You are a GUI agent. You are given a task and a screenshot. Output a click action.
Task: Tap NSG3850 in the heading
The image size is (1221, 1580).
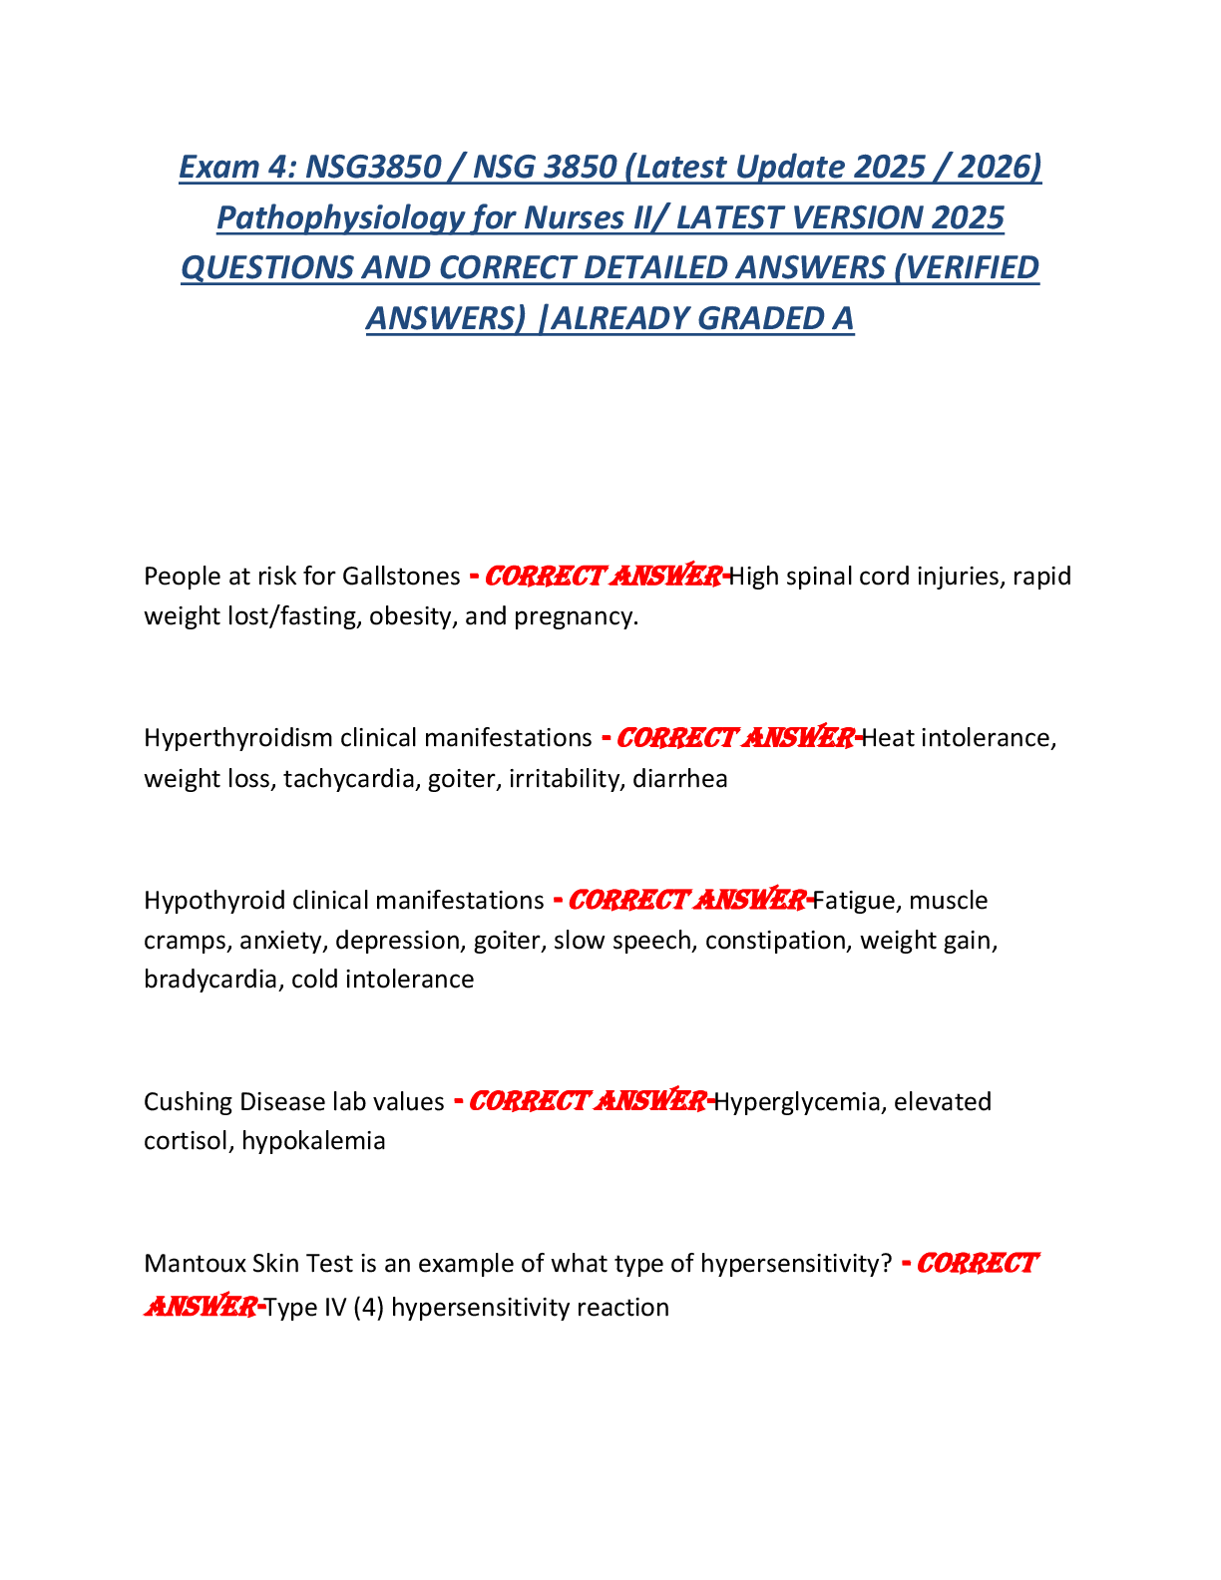tap(373, 167)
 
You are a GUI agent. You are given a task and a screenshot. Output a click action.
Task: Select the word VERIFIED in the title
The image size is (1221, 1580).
tap(966, 267)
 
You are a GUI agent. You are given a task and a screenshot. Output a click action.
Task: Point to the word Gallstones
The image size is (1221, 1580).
tap(401, 577)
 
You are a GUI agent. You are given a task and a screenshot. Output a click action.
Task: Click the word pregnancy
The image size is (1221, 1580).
tap(576, 617)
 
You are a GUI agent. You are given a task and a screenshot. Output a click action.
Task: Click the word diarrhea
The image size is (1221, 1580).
tap(680, 779)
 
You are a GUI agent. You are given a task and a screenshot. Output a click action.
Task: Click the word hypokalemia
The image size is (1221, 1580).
tap(313, 1141)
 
